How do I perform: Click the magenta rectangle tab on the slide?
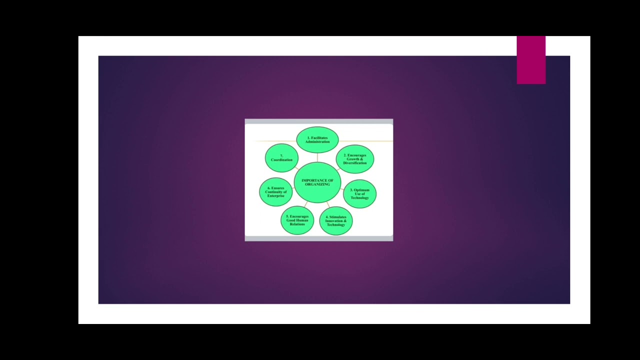pyautogui.click(x=531, y=60)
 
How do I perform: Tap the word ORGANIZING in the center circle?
pyautogui.click(x=317, y=184)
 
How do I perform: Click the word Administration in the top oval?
pyautogui.click(x=317, y=142)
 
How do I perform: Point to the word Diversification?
pyautogui.click(x=355, y=163)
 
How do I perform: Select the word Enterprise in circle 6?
pyautogui.click(x=276, y=196)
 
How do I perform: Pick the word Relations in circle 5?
pyautogui.click(x=297, y=224)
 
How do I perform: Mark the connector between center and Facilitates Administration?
pyautogui.click(x=317, y=157)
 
